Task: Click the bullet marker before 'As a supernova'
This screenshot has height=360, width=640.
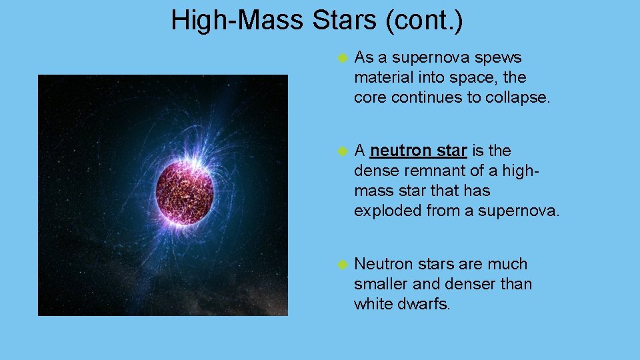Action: point(343,59)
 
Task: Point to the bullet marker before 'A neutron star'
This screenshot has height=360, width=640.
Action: point(343,151)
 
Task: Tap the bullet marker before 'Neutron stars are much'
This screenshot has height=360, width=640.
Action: point(343,265)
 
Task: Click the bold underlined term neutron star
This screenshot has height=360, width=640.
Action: point(418,151)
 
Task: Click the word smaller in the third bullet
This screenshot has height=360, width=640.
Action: point(381,284)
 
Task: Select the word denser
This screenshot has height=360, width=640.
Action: point(470,284)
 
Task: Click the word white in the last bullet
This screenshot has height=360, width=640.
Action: point(374,304)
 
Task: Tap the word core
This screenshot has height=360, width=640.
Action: point(370,97)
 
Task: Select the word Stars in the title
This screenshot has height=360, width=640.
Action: point(344,20)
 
